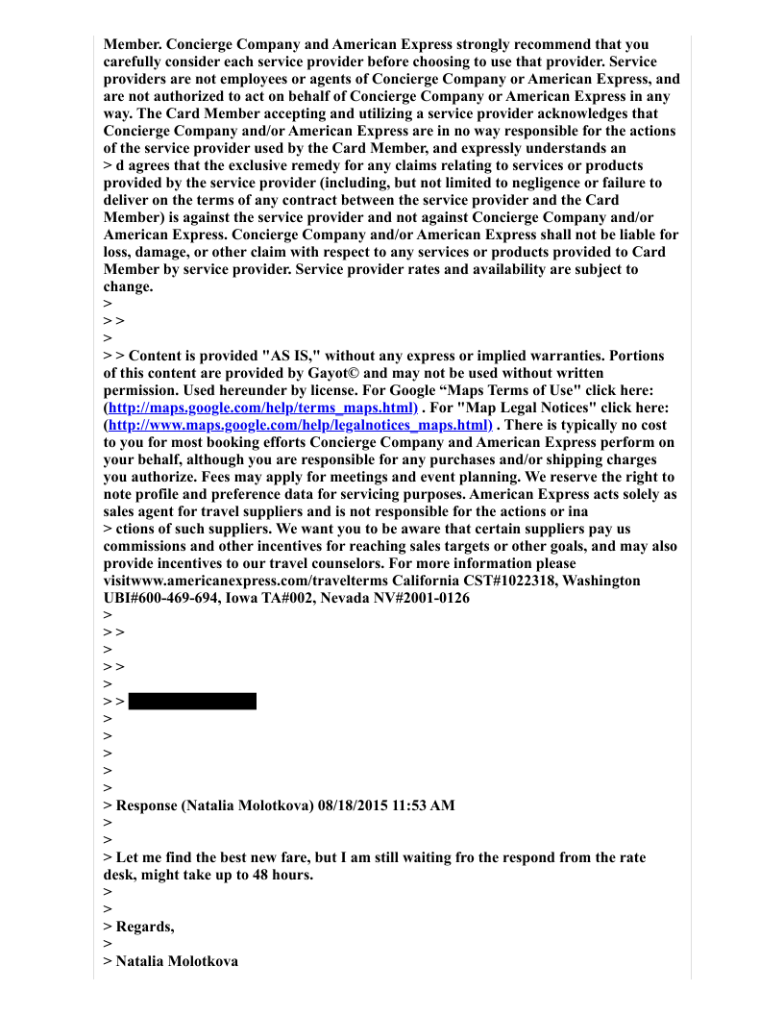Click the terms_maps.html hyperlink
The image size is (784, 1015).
pyautogui.click(x=260, y=408)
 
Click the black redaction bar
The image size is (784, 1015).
pyautogui.click(x=192, y=701)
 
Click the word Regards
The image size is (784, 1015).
pyautogui.click(x=145, y=927)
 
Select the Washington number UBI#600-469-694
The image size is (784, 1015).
pyautogui.click(x=160, y=598)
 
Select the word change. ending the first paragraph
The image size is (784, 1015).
pyautogui.click(x=128, y=286)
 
